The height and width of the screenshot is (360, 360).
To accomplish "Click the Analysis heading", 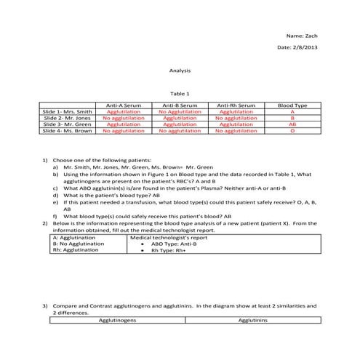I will (x=179, y=71).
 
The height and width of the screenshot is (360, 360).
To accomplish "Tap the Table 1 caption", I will (x=179, y=94).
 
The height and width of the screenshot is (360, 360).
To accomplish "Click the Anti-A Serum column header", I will (x=124, y=105).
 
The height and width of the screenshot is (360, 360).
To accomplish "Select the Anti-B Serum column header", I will (x=180, y=105).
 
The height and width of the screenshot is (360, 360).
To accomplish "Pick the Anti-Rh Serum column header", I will (x=236, y=105).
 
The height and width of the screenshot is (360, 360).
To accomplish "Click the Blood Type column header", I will (x=292, y=105).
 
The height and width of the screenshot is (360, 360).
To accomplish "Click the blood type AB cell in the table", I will (x=292, y=124).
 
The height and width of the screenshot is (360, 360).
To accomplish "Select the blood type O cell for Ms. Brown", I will (x=292, y=131).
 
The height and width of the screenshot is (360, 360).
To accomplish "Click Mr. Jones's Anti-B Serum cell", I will (x=180, y=118).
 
